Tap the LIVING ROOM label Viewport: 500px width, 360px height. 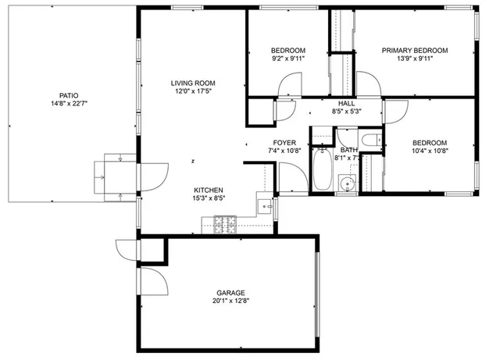pyautogui.click(x=193, y=83)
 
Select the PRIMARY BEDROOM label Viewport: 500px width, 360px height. pyautogui.click(x=415, y=51)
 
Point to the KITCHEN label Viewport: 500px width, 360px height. pyautogui.click(x=209, y=190)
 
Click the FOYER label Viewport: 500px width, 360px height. pyautogui.click(x=283, y=141)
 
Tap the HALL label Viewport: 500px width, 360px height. pyautogui.click(x=347, y=103)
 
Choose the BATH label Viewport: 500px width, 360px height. pyautogui.click(x=348, y=149)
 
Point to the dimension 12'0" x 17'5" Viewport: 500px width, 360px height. pyautogui.click(x=193, y=92)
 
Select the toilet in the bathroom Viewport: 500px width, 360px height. pyautogui.click(x=372, y=141)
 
